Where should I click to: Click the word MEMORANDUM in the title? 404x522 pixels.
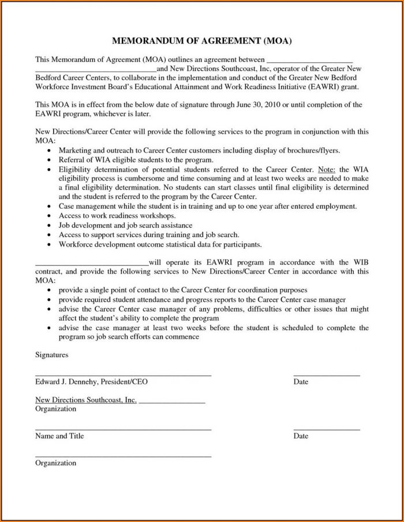pyautogui.click(x=145, y=42)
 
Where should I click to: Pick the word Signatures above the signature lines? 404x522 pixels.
pyautogui.click(x=52, y=354)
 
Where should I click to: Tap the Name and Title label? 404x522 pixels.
pyautogui.click(x=59, y=436)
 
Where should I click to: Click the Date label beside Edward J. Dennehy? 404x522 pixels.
pyautogui.click(x=301, y=382)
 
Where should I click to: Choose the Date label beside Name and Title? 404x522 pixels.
pyautogui.click(x=301, y=436)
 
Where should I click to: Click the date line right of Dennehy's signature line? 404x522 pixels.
pyautogui.click(x=327, y=376)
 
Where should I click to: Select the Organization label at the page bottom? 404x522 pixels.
pyautogui.click(x=55, y=463)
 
